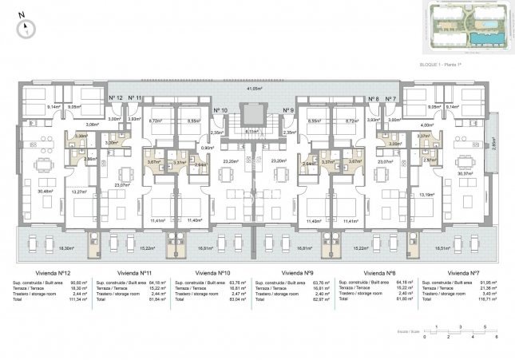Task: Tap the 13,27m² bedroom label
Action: [x=81, y=192]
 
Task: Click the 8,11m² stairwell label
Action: [x=254, y=132]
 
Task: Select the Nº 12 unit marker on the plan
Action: [x=115, y=97]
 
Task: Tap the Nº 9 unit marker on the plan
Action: [x=288, y=110]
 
